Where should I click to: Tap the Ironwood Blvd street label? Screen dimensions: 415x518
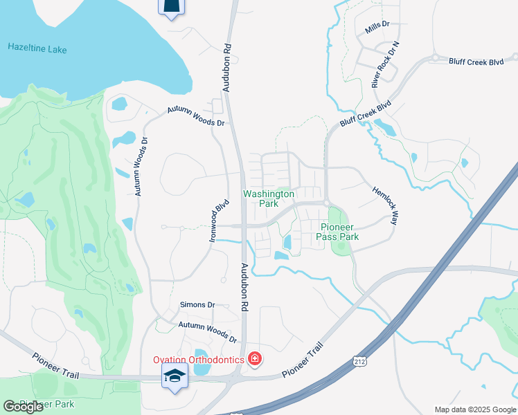click(x=219, y=221)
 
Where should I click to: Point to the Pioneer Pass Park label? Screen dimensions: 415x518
click(x=338, y=232)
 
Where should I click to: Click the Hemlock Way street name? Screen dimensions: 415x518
click(x=386, y=205)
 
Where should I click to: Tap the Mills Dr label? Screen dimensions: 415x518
click(x=377, y=24)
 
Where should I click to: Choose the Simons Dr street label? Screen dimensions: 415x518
click(x=197, y=304)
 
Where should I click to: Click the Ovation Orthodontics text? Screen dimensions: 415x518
click(x=198, y=359)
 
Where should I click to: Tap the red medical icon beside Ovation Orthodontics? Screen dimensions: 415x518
click(x=255, y=358)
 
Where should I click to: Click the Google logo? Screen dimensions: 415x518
click(x=24, y=407)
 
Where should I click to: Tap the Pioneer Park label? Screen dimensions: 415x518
click(x=46, y=404)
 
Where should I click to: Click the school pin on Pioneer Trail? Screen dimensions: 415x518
click(x=174, y=377)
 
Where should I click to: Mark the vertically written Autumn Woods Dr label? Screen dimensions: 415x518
click(x=141, y=167)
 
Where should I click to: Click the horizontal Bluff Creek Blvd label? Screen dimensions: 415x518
click(x=476, y=62)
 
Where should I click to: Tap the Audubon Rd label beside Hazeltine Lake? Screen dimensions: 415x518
click(x=226, y=69)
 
